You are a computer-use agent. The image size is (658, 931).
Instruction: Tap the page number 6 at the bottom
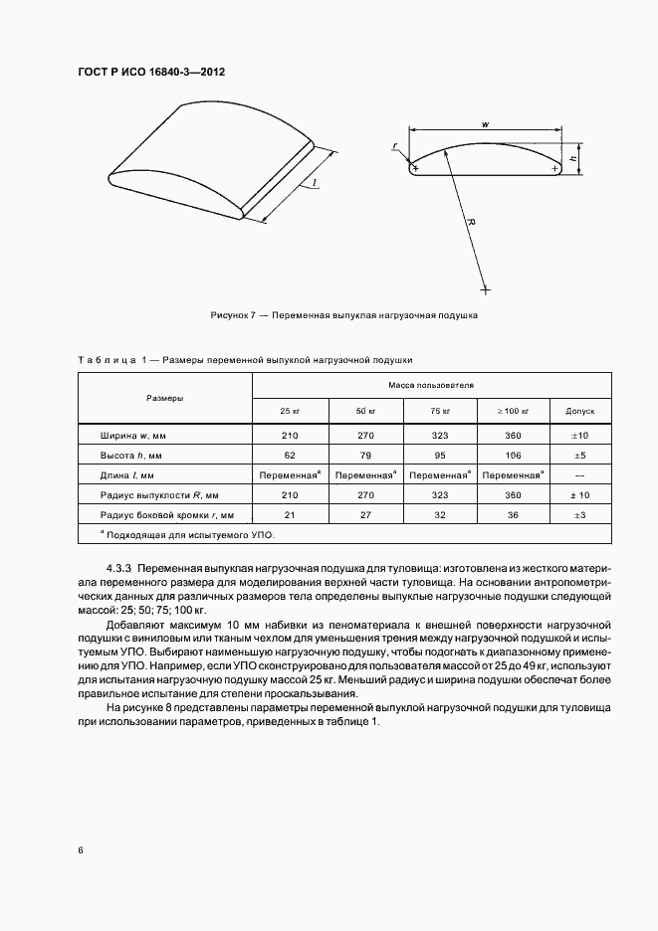(80, 849)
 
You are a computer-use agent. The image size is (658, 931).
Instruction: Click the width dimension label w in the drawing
(484, 123)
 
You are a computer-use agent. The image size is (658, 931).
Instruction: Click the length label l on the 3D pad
(314, 184)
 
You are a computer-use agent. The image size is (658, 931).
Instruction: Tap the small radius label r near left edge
(395, 146)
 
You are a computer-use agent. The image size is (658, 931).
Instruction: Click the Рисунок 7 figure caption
(344, 315)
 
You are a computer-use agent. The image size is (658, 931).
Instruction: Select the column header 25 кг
(290, 410)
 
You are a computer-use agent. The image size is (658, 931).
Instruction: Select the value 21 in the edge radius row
(290, 514)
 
